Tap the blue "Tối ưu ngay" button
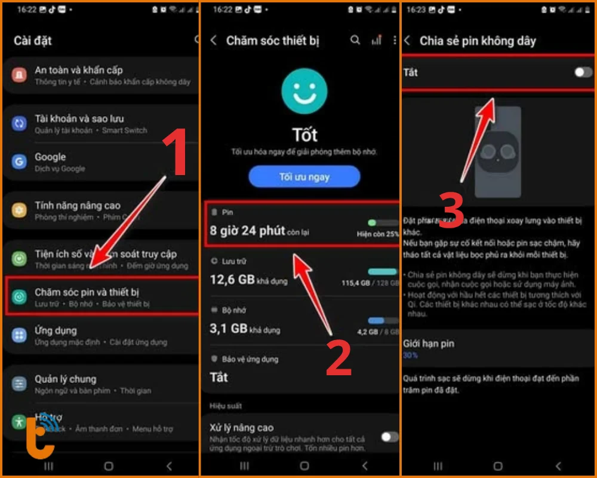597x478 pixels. tap(304, 177)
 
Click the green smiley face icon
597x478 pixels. tap(304, 91)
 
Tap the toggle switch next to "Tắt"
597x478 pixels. tap(582, 72)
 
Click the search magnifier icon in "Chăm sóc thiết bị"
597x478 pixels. tap(355, 40)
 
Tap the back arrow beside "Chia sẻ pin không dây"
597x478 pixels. tap(407, 41)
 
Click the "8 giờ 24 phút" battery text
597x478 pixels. tap(247, 231)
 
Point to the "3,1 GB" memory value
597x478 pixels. tap(229, 328)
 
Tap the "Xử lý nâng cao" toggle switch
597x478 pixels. tap(389, 437)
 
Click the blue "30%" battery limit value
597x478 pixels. tap(410, 355)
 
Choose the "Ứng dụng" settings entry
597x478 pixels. tap(56, 330)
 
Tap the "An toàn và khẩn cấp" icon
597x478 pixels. tap(20, 75)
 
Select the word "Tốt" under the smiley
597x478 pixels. tap(304, 134)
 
